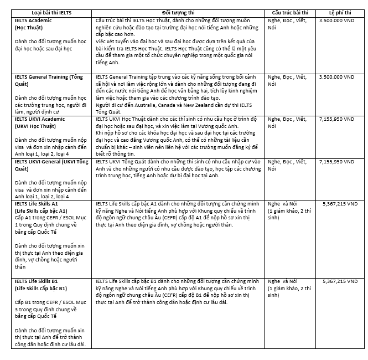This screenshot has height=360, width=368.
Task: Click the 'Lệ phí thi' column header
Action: [x=339, y=12]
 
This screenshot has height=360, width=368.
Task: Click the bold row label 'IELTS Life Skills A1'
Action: [x=41, y=204]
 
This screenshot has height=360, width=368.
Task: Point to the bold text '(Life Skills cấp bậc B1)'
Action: [x=41, y=289]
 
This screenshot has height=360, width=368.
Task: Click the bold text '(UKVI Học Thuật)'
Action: [x=38, y=126]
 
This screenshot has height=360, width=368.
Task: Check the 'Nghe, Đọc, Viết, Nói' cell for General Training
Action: [x=287, y=80]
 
